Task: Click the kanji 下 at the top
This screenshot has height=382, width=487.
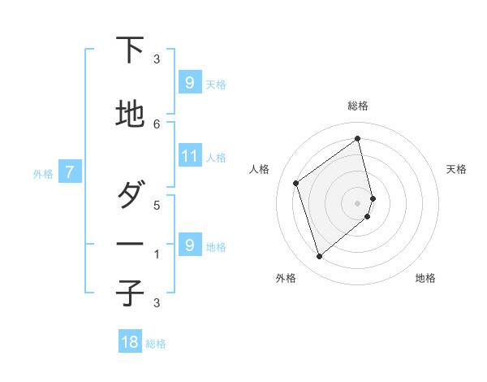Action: tap(130, 50)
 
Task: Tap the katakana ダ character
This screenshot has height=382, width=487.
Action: tap(130, 196)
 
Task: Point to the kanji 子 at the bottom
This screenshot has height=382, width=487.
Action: tap(130, 293)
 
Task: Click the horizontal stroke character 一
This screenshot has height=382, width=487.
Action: tap(130, 245)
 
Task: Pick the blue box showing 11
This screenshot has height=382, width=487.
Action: tap(190, 156)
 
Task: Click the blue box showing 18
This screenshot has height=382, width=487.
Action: tap(130, 342)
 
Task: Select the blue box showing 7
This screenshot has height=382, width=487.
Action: tap(71, 172)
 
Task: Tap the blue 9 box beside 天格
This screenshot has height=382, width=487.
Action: tap(189, 82)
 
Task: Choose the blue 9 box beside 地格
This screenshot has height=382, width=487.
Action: tap(189, 245)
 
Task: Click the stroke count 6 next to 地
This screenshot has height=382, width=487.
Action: tap(157, 124)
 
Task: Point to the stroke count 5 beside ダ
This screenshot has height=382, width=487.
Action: tap(157, 205)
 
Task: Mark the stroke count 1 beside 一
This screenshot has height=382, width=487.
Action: tap(157, 254)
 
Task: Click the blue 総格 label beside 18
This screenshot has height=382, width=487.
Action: tap(156, 344)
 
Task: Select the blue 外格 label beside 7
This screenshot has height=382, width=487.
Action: tap(43, 173)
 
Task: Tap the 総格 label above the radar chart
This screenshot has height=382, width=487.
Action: tap(358, 106)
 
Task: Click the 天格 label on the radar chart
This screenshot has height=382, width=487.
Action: tap(456, 169)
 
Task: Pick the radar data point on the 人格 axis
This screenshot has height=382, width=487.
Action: tap(296, 183)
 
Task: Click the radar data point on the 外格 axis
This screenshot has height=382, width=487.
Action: tap(319, 257)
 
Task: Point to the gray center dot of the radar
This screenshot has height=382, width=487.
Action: tap(358, 202)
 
